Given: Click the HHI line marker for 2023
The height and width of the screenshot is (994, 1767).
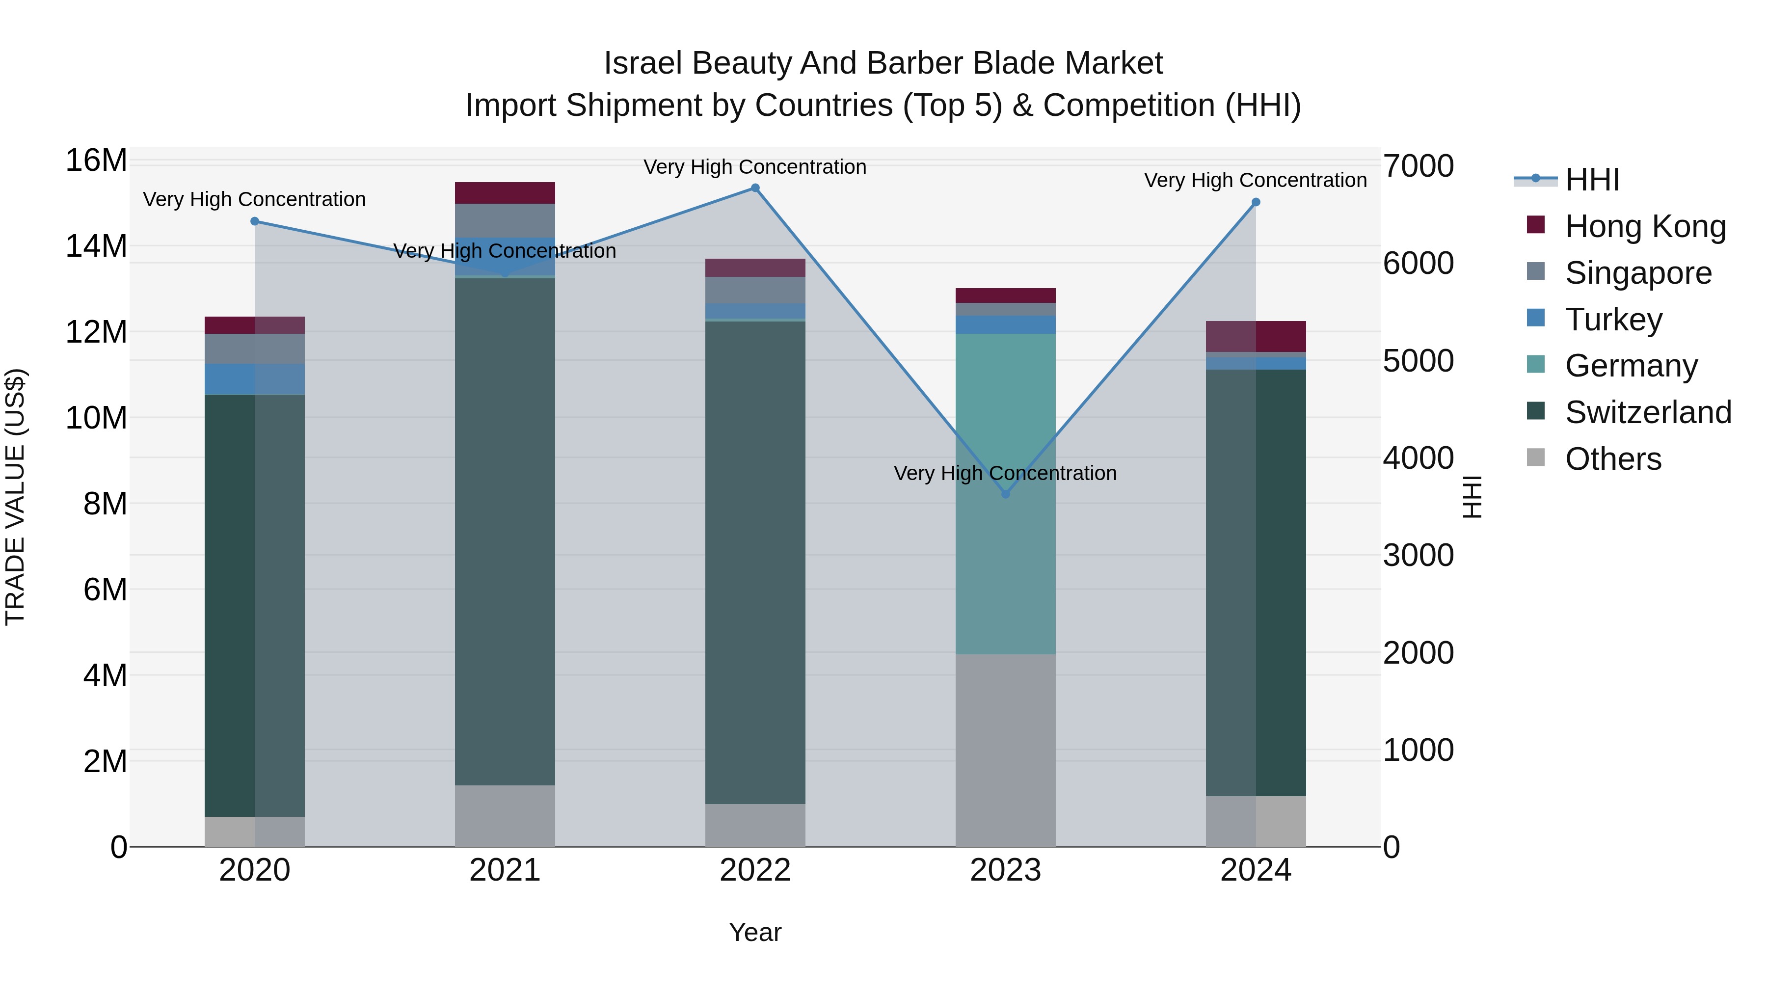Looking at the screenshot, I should (x=1006, y=494).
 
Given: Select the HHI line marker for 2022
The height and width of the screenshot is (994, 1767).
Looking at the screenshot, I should (x=755, y=188).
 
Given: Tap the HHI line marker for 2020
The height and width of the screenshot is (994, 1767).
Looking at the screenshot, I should (x=254, y=221).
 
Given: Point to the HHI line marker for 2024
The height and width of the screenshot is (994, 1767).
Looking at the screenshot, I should (x=1256, y=202).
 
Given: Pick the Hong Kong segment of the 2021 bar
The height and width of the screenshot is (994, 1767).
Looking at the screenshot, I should (x=505, y=193).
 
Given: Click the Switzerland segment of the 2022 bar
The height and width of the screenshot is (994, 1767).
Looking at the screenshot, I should (x=755, y=563).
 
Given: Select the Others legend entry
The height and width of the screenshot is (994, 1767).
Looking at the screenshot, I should (x=1613, y=459).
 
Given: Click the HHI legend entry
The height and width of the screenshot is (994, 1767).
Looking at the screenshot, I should (x=1591, y=180).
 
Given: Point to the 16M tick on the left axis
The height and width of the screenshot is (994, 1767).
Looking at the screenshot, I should (x=96, y=161).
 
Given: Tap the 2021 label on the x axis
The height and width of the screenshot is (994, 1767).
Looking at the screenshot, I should (x=505, y=870).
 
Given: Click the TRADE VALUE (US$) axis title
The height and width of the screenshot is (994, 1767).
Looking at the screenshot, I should (x=15, y=497).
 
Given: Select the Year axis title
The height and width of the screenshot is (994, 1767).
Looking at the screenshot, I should (x=755, y=932).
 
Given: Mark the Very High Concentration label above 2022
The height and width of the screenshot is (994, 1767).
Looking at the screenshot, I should (x=755, y=167).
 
